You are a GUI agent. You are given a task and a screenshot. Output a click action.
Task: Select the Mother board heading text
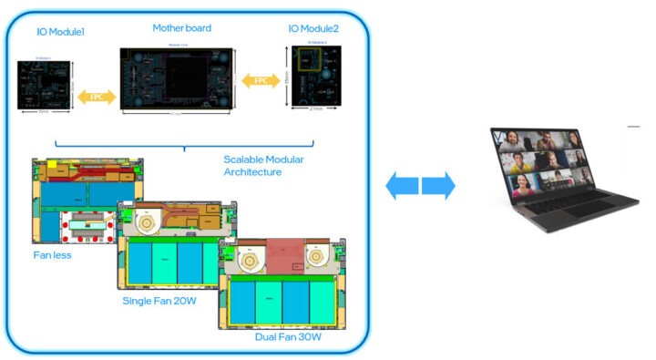177,28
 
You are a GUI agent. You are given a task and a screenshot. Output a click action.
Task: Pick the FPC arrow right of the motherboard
261,82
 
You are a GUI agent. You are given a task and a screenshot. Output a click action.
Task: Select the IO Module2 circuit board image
314,85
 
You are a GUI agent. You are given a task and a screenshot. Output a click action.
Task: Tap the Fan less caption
53,255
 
